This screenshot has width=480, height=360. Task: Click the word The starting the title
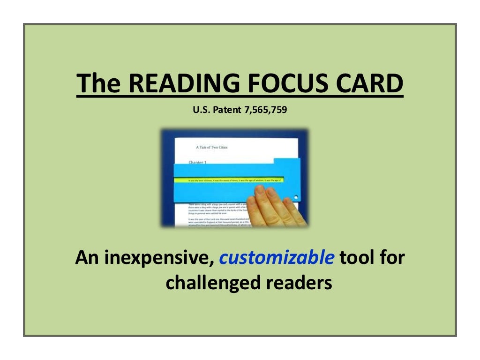(x=98, y=84)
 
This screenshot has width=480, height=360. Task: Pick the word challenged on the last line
(x=210, y=283)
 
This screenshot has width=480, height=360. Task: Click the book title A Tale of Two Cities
(x=211, y=147)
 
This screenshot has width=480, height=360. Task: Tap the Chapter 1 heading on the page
(x=198, y=162)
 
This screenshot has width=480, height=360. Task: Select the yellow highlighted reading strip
(x=230, y=180)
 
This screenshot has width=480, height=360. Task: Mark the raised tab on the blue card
(x=287, y=162)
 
